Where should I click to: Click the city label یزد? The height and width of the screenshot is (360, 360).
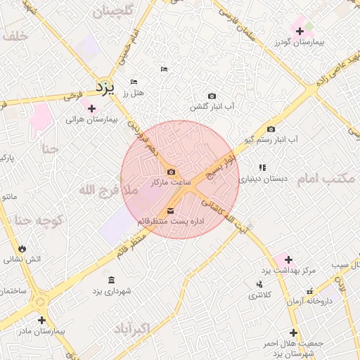104,88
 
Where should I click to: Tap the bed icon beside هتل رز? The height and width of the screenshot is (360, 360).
134,82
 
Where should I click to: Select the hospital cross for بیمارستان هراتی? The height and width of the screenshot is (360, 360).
91,108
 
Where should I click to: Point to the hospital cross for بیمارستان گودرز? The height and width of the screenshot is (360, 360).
300,31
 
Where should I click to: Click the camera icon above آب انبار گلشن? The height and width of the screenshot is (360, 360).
212,96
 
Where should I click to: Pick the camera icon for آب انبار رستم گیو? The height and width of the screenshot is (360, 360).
271,129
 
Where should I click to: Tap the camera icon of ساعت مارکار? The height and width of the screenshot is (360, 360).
172,172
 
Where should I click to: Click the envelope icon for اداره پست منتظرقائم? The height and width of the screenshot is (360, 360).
171,212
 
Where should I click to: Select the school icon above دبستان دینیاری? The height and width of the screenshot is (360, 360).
262,167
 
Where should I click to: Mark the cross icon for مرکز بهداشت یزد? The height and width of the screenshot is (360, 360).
288,259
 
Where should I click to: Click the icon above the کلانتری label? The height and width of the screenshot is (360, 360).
259,284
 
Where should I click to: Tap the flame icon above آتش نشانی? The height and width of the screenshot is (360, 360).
23,248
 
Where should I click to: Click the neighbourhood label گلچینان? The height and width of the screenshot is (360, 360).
108,11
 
